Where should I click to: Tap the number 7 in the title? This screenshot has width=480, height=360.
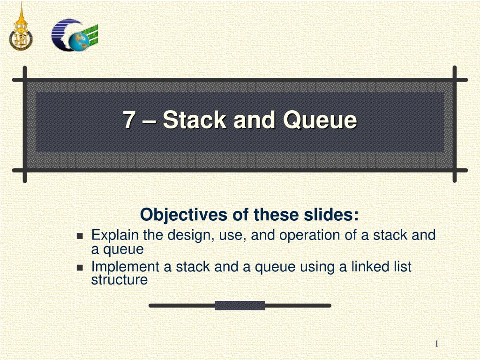pos(128,120)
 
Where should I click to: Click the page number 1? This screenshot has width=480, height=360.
pos(436,344)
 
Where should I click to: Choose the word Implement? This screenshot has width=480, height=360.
pos(125,267)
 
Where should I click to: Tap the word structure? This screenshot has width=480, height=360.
pos(119,280)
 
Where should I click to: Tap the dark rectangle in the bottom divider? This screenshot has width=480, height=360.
pos(240,306)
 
